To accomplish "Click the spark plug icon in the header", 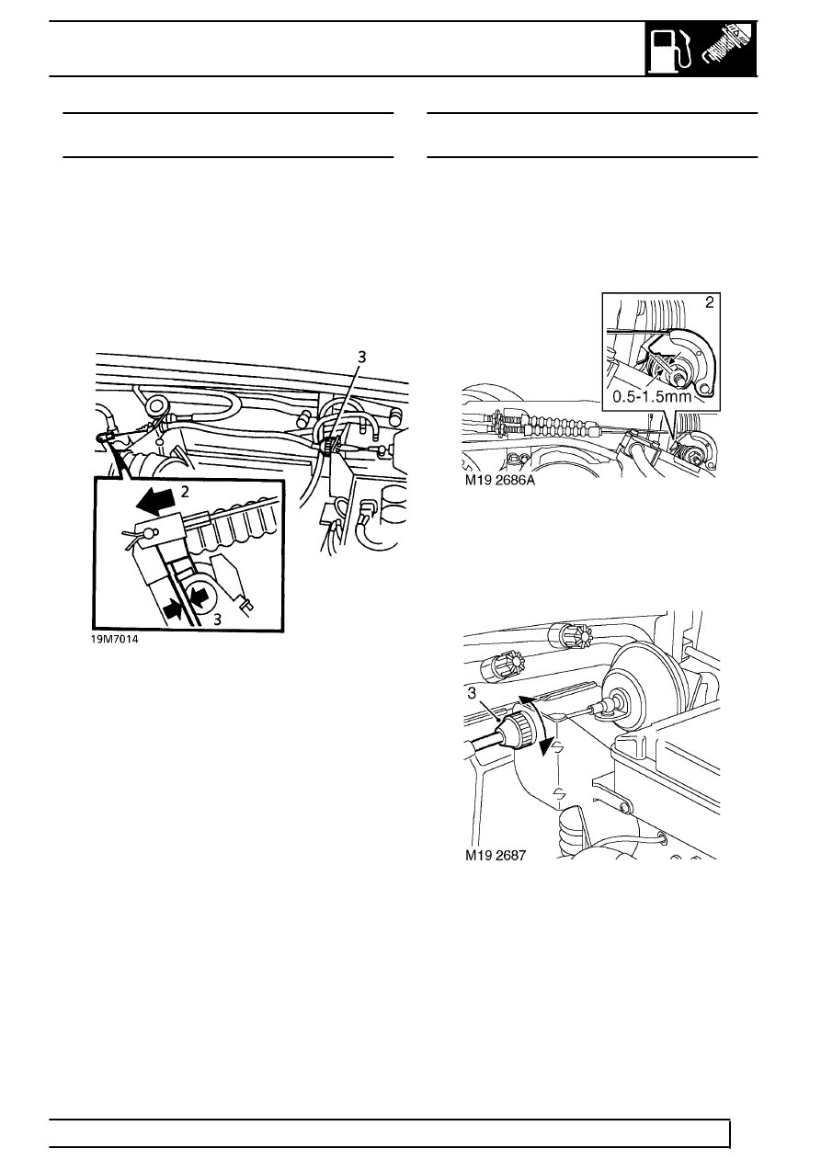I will click(x=728, y=51).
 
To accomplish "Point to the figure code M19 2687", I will click(x=497, y=854).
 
